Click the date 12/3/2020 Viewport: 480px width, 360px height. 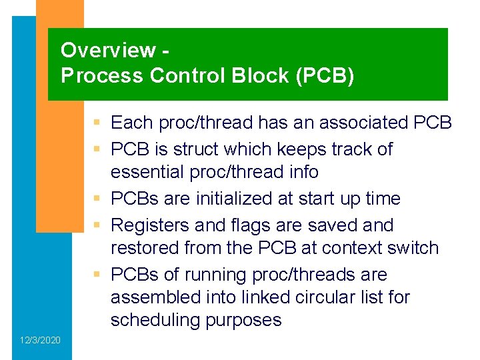tap(39, 341)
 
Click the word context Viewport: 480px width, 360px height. tap(354, 248)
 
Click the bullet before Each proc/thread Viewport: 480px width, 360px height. tap(98, 123)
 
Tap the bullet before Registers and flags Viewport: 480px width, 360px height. tap(98, 226)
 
